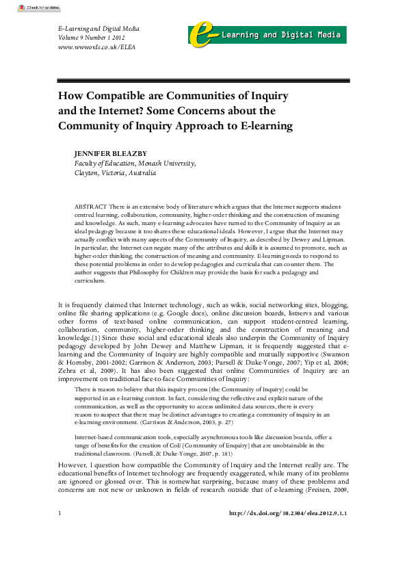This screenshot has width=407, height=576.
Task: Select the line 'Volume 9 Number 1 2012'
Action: click(90, 38)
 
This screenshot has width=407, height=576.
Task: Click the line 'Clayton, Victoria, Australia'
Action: click(115, 173)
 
